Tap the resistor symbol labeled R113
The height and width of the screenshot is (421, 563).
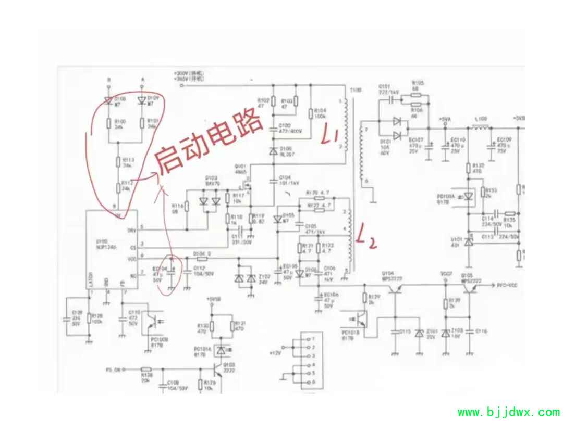pyautogui.click(x=118, y=161)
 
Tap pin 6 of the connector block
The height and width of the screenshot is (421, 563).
pyautogui.click(x=307, y=382)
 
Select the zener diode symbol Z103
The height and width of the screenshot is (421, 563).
pyautogui.click(x=445, y=334)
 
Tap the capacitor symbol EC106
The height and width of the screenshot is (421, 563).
pyautogui.click(x=317, y=299)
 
